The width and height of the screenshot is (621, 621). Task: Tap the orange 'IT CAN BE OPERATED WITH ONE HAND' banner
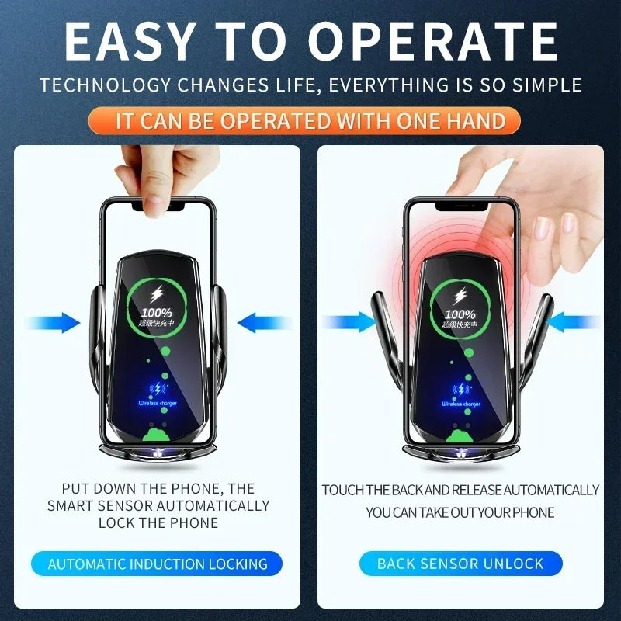(310, 121)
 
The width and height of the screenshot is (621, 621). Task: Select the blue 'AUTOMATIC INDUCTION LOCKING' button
(158, 564)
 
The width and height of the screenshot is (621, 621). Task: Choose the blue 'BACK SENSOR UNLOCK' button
(460, 564)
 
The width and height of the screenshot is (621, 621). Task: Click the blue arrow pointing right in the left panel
(54, 323)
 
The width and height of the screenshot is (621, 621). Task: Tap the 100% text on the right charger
(461, 313)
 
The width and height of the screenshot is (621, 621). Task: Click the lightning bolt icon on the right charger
(461, 296)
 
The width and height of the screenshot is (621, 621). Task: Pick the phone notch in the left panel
(158, 206)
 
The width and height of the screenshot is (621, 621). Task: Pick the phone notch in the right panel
(461, 206)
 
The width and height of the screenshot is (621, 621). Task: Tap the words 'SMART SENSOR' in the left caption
(98, 505)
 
